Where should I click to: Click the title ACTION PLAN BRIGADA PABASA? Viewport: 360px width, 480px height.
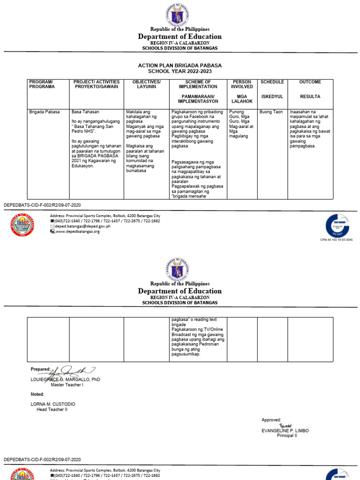point(180,65)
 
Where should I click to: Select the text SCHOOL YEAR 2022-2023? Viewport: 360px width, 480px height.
point(180,71)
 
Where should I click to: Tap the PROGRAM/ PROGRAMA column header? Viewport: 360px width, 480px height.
point(41,84)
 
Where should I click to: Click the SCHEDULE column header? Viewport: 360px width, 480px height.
point(272,82)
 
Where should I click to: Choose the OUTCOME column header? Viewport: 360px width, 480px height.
point(310,82)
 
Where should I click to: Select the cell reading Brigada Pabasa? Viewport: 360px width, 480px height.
point(45,112)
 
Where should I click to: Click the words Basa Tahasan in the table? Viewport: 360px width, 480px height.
point(85,112)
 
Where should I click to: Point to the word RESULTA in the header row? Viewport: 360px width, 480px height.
point(310,97)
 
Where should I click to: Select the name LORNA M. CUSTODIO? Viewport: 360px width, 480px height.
point(53,404)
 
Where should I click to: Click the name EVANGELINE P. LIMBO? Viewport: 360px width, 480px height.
point(285,430)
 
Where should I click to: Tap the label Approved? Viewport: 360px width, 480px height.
point(271,420)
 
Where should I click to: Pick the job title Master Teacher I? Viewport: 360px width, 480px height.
point(67,385)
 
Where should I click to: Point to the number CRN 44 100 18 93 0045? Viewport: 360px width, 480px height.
point(336,240)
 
